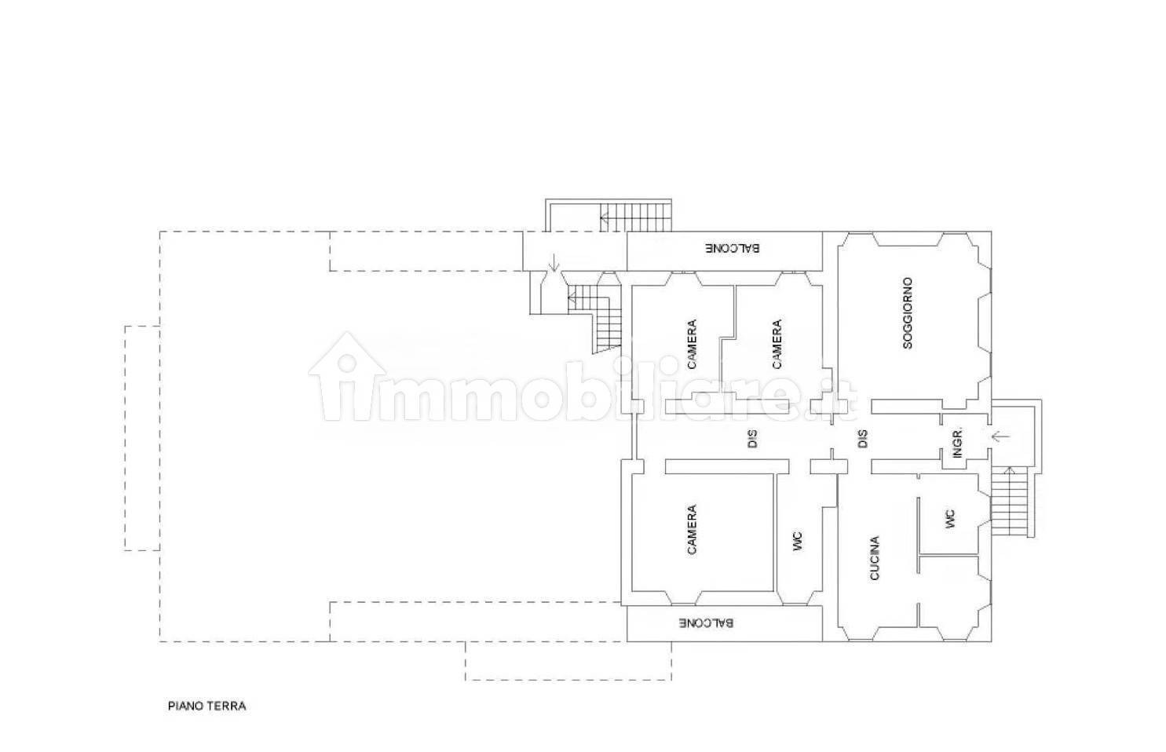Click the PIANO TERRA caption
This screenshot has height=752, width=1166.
(x=207, y=706)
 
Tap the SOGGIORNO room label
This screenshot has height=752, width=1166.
(x=908, y=313)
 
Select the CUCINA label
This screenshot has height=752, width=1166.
(x=875, y=558)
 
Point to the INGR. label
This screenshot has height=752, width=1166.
(x=957, y=443)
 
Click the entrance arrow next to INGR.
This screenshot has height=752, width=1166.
(x=1000, y=436)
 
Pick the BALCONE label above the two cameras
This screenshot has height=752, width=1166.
(x=733, y=248)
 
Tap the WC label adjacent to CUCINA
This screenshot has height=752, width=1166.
(x=951, y=519)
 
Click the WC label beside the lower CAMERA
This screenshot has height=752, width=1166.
(x=798, y=541)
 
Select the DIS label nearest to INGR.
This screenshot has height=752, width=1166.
(x=863, y=439)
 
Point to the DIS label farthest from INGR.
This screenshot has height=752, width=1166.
(x=751, y=439)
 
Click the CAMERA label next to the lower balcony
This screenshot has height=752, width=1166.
(x=691, y=529)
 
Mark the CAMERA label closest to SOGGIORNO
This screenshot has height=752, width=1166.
(x=777, y=344)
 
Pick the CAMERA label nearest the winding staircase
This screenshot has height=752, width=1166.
(x=692, y=344)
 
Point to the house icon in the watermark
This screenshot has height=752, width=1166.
(x=348, y=374)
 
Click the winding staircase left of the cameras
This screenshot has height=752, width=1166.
(x=597, y=317)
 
